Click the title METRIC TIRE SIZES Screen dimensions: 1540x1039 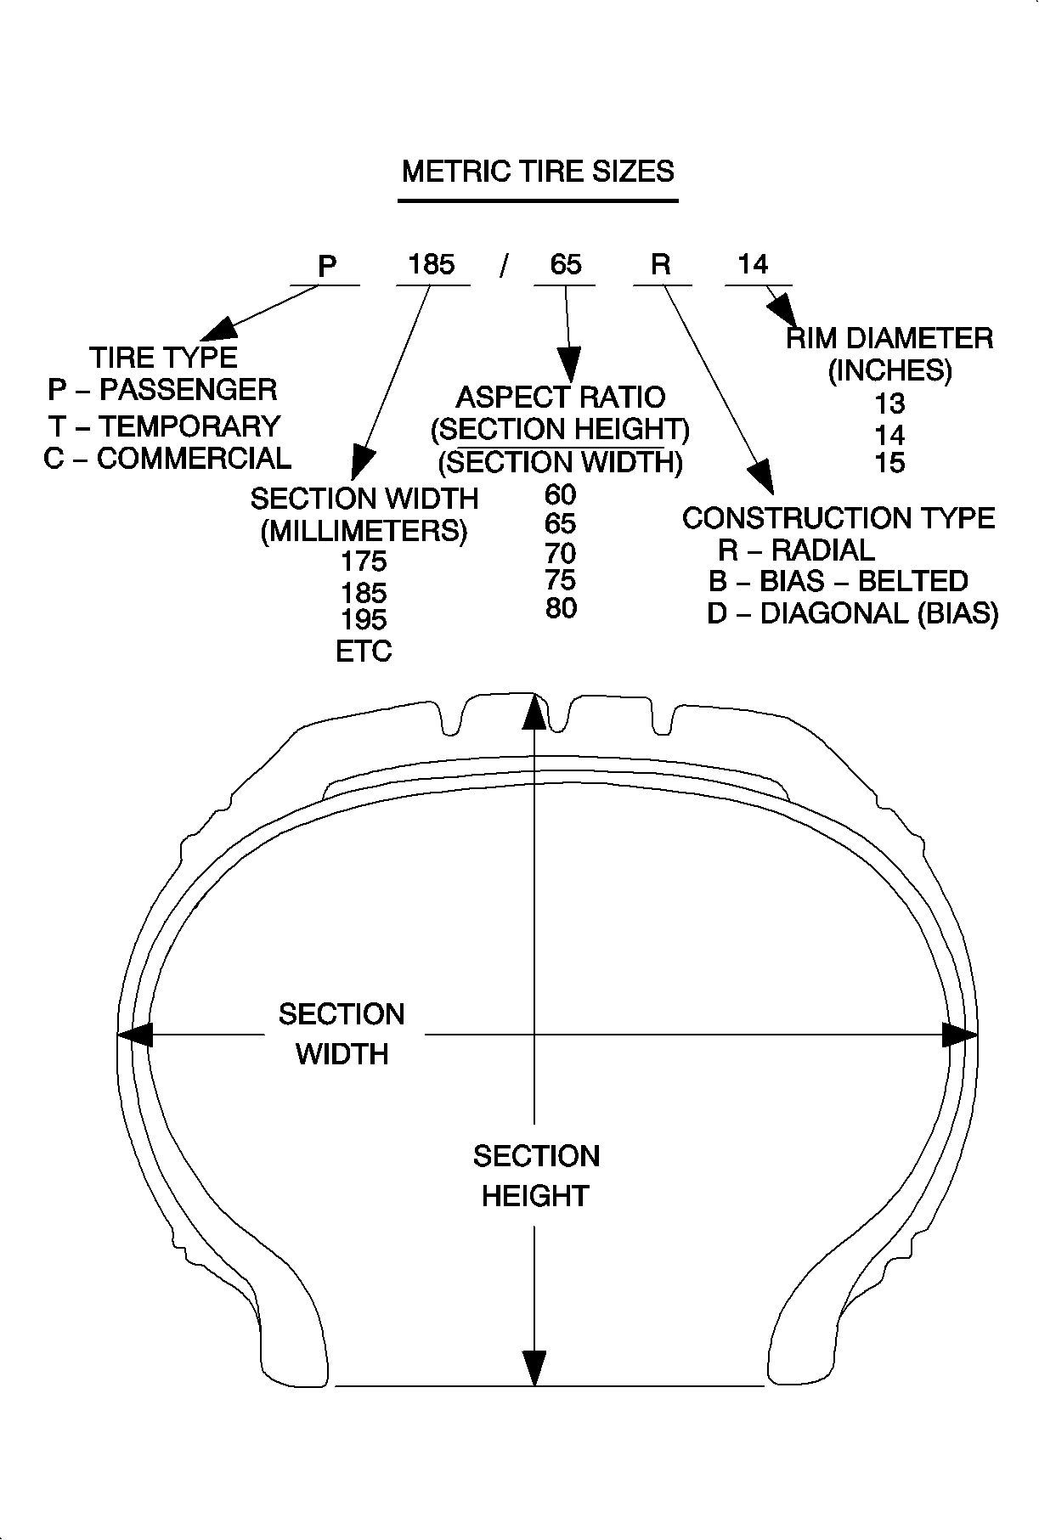pyautogui.click(x=537, y=172)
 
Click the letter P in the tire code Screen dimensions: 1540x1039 pyautogui.click(x=327, y=267)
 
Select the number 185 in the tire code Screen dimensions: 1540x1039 pyautogui.click(x=432, y=264)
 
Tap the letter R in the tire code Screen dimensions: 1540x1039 pyautogui.click(x=660, y=265)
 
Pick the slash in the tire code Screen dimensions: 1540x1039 pyautogui.click(x=504, y=266)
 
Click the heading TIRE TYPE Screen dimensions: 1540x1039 pyautogui.click(x=163, y=357)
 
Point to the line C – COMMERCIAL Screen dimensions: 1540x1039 pyautogui.click(x=167, y=459)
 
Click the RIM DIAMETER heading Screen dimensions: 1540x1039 pyautogui.click(x=889, y=338)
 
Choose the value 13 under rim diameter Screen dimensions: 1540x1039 pyautogui.click(x=889, y=403)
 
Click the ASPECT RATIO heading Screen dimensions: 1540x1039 pyautogui.click(x=561, y=397)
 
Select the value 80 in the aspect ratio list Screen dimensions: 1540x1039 pyautogui.click(x=561, y=608)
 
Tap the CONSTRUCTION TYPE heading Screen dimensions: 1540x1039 pyautogui.click(x=838, y=518)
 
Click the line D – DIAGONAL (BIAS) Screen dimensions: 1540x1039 pyautogui.click(x=852, y=613)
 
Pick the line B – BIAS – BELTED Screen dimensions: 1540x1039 pyautogui.click(x=838, y=581)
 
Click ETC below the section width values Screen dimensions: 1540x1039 pyautogui.click(x=364, y=652)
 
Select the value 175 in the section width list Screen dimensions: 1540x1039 pyautogui.click(x=364, y=561)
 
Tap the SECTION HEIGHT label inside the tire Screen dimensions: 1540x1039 pyautogui.click(x=536, y=1176)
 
